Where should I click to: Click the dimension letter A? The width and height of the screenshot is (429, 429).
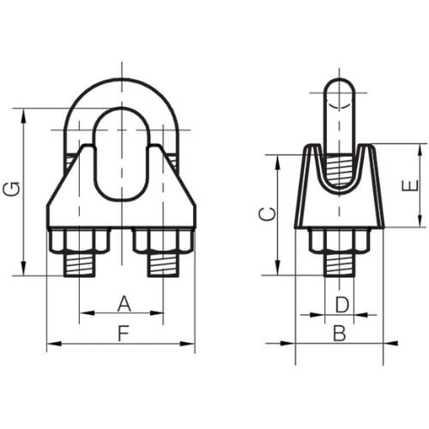point(122,303)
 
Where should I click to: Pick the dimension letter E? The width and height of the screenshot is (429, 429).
point(409,185)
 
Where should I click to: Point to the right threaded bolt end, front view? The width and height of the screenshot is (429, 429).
point(165,264)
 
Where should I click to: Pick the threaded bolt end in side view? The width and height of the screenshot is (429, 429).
point(340,264)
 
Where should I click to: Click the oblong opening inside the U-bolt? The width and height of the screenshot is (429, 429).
point(121,153)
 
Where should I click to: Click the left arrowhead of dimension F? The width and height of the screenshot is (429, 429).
point(51,345)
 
